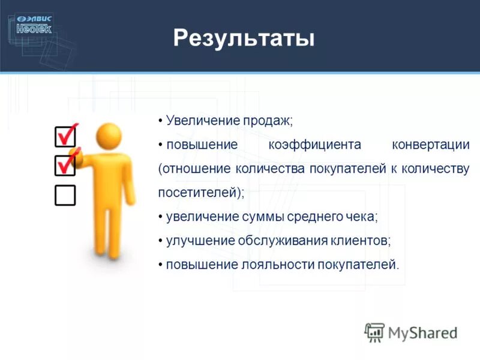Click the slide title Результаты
click(x=244, y=39)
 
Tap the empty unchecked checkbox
click(x=65, y=195)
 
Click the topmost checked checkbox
click(x=65, y=136)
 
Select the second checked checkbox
click(x=65, y=166)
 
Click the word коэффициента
click(x=314, y=145)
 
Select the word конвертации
click(x=430, y=145)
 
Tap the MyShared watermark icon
click(x=374, y=332)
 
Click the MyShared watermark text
click(x=422, y=332)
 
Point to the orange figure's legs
click(x=108, y=228)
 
